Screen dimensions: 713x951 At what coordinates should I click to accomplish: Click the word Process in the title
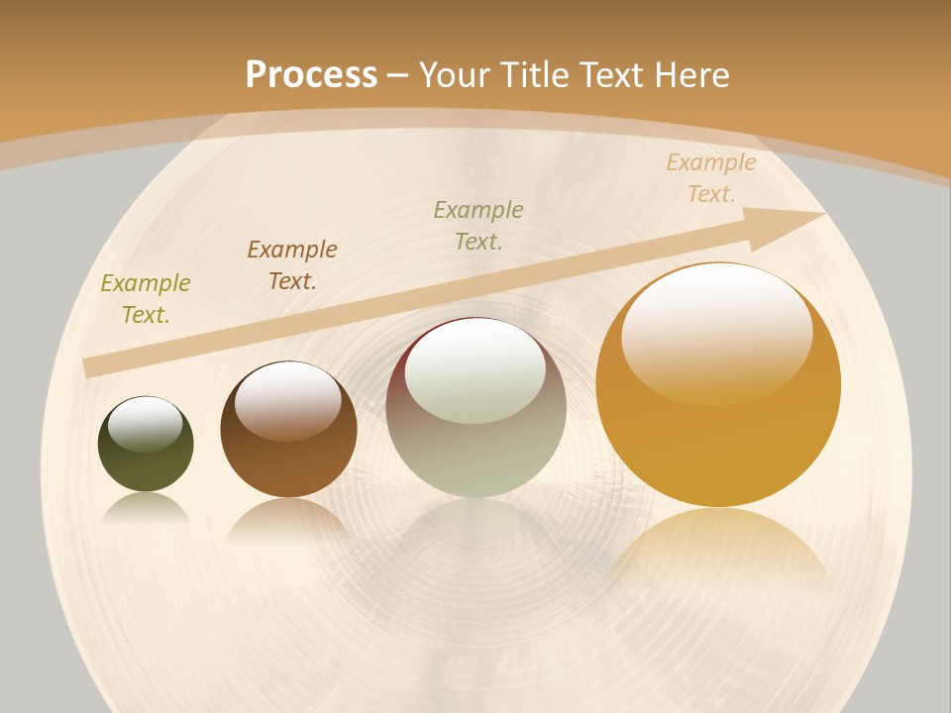coord(311,74)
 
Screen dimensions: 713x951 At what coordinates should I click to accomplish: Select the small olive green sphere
coord(146,465)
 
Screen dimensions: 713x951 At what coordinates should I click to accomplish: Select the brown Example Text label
coord(292,265)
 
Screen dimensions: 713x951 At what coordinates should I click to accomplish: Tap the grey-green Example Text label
coord(478,225)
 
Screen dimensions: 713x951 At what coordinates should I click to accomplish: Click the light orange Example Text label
coord(711,178)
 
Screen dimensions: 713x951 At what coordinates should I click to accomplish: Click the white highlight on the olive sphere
coord(146,423)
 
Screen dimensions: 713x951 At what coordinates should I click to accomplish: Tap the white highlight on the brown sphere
coord(288,398)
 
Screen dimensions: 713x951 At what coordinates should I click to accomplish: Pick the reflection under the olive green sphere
coord(146,509)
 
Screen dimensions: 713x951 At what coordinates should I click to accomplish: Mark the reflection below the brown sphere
coord(288,519)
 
